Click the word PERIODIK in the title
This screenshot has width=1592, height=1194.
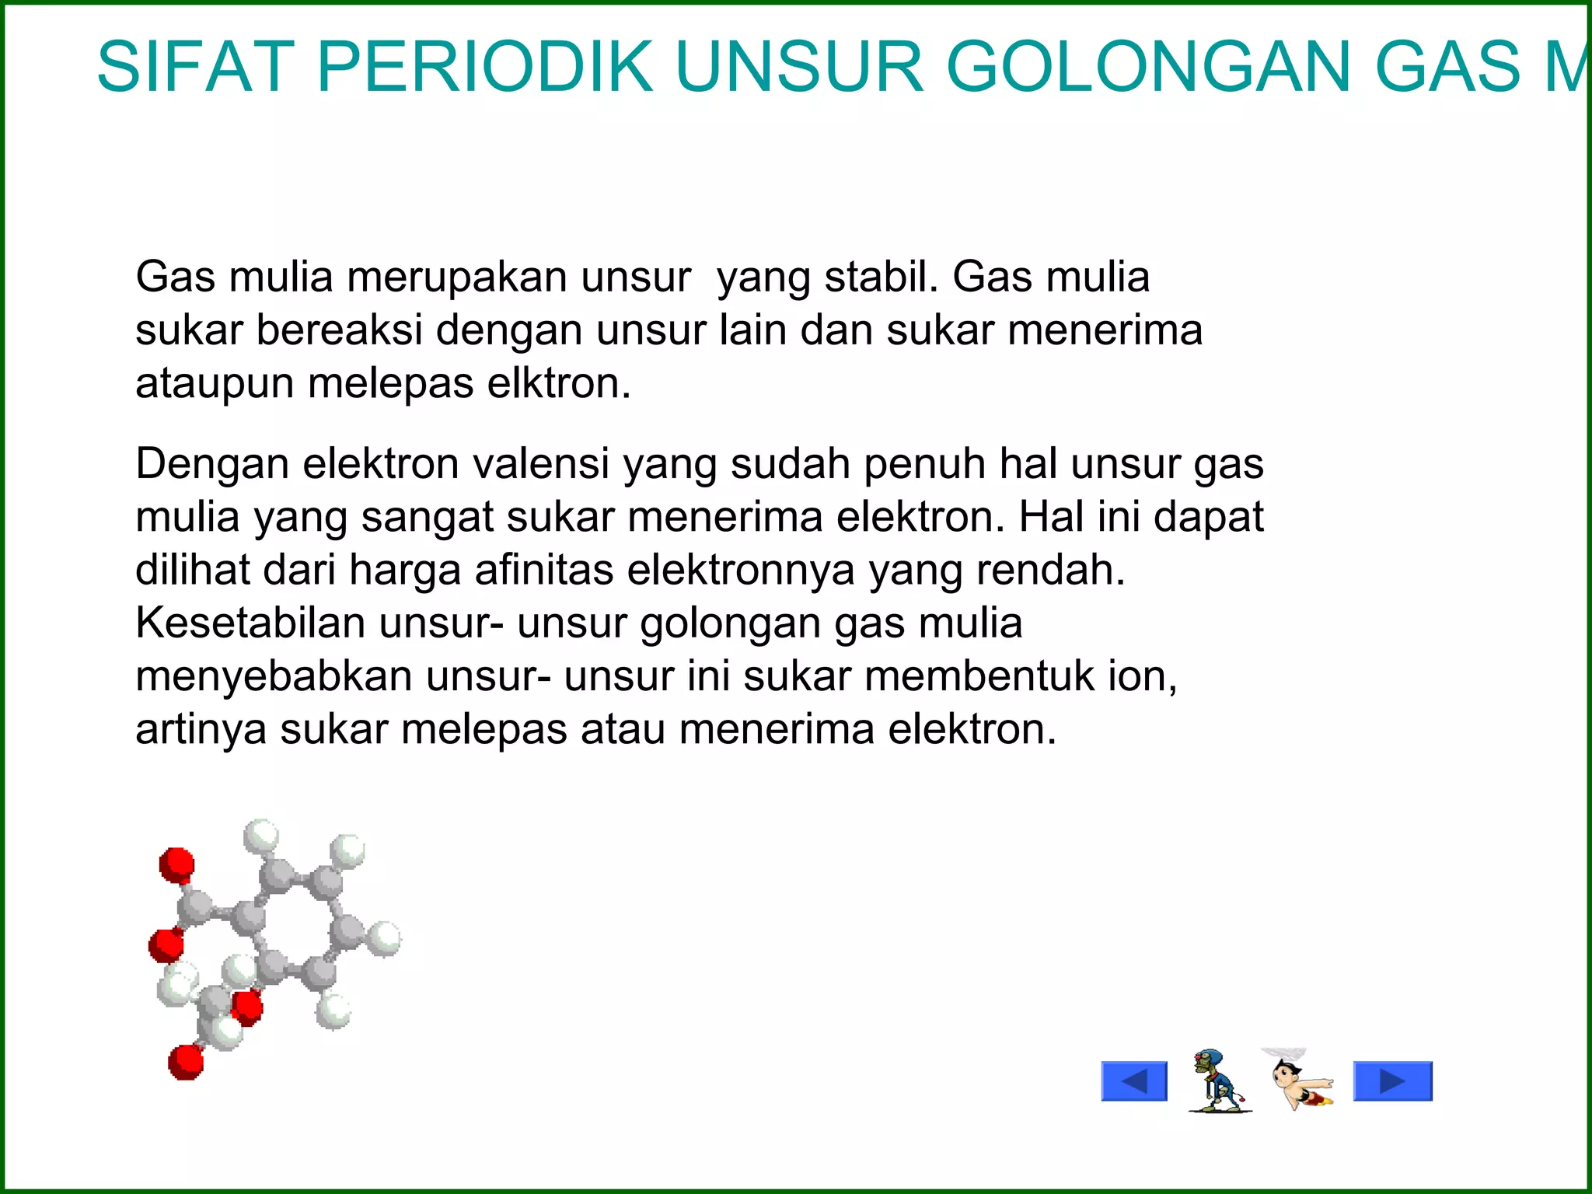pos(485,68)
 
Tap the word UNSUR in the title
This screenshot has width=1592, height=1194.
pos(800,68)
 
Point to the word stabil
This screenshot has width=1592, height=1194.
pos(881,277)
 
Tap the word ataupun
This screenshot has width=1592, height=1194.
pos(215,384)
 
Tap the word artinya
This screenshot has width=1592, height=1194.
pos(201,729)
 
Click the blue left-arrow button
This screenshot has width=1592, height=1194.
pos(1134,1081)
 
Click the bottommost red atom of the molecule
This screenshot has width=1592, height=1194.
pos(186,1061)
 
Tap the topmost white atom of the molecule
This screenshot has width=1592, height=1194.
pos(261,836)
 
